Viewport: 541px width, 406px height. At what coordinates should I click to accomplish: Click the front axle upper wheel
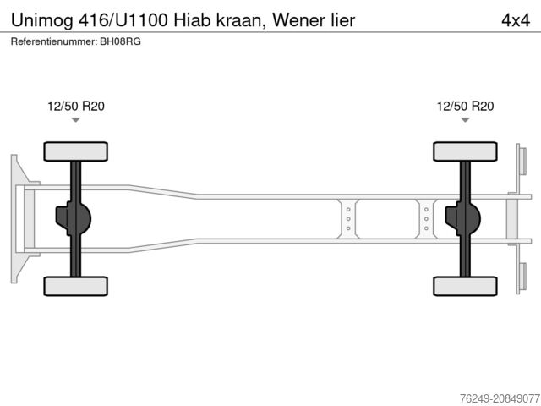coord(76,151)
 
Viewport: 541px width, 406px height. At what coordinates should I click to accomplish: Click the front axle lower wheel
coord(76,286)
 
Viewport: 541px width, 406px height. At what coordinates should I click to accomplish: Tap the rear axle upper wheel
coord(465,151)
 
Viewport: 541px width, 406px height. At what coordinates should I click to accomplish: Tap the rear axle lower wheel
coord(465,286)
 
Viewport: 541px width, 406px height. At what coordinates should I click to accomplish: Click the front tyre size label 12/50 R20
coord(76,106)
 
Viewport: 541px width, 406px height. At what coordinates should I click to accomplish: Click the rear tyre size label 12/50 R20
coord(465,106)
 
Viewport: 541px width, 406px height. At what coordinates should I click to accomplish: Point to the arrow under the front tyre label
coord(76,120)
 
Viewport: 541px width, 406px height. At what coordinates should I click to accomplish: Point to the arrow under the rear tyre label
coord(465,120)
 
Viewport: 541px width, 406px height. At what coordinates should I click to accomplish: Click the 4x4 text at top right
coord(515,19)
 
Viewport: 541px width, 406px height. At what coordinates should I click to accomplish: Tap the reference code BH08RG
coord(121,41)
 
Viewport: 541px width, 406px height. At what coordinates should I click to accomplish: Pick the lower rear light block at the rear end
coord(522,278)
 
